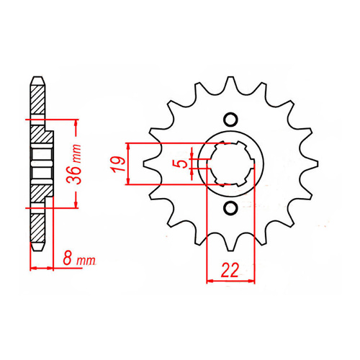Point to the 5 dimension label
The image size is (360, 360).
point(185,163)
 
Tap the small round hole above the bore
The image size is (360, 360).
point(230,120)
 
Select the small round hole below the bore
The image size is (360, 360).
point(230,209)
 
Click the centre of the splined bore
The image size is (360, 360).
point(230,164)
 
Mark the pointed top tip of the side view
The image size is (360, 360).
point(36,74)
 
